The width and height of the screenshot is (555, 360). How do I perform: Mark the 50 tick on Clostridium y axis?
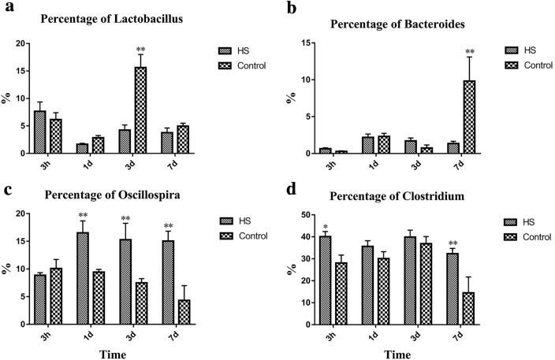tap(304, 215)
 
